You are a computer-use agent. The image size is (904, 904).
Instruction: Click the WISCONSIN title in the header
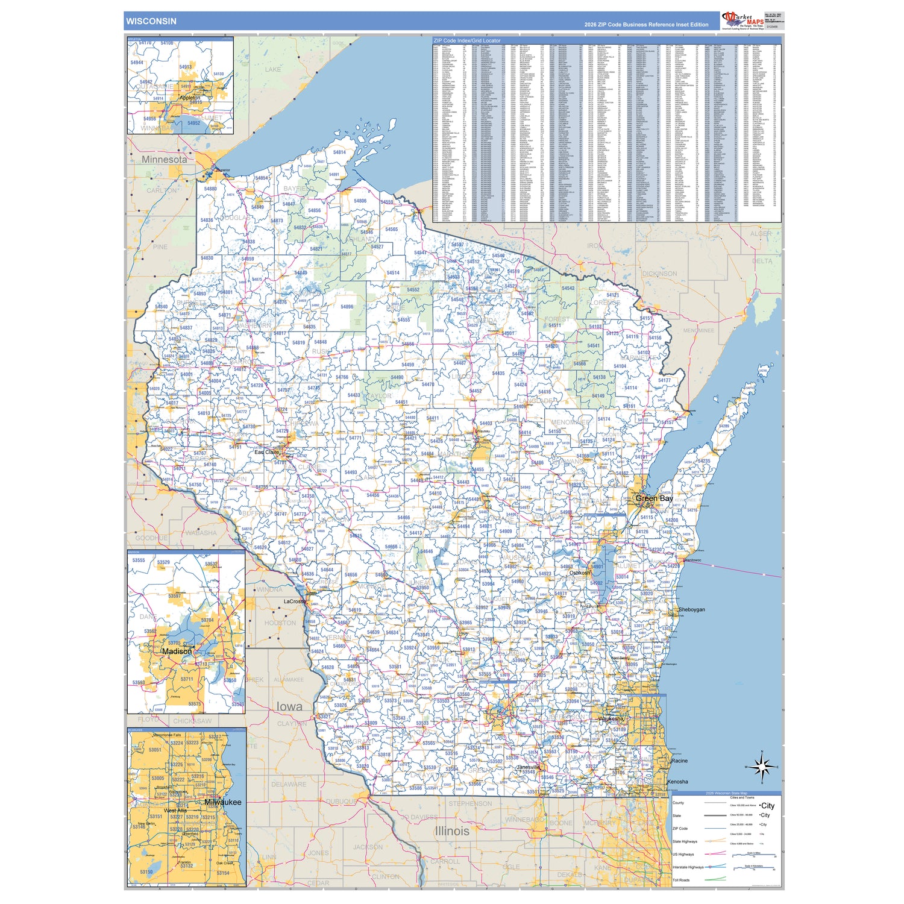pyautogui.click(x=151, y=21)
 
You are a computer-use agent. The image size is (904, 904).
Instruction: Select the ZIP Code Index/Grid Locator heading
pyautogui.click(x=466, y=40)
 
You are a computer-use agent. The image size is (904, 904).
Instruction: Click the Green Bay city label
pyautogui.click(x=654, y=498)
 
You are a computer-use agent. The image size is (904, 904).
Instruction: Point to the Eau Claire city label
pyautogui.click(x=266, y=452)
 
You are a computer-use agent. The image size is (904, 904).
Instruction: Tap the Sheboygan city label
pyautogui.click(x=691, y=609)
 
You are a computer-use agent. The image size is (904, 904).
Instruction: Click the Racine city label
pyautogui.click(x=679, y=761)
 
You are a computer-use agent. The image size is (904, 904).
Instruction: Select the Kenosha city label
pyautogui.click(x=677, y=782)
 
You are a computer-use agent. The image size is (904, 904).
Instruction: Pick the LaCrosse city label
pyautogui.click(x=295, y=601)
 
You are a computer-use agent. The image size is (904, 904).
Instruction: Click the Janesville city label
pyautogui.click(x=529, y=767)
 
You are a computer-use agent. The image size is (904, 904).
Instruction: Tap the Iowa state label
pyautogui.click(x=289, y=706)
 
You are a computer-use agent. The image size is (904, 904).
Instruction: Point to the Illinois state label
pyautogui.click(x=452, y=830)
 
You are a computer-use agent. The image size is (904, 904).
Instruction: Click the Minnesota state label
pyautogui.click(x=164, y=160)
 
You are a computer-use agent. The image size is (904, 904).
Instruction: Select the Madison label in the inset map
pyautogui.click(x=177, y=651)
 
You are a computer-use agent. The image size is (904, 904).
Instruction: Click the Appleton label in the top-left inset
pyautogui.click(x=190, y=98)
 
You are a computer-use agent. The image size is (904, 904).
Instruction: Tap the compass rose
pyautogui.click(x=762, y=767)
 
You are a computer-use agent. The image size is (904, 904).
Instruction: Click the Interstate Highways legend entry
pyautogui.click(x=688, y=867)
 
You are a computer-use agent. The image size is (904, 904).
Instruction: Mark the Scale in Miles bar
pyautogui.click(x=753, y=855)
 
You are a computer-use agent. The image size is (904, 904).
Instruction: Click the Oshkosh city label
pyautogui.click(x=580, y=573)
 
